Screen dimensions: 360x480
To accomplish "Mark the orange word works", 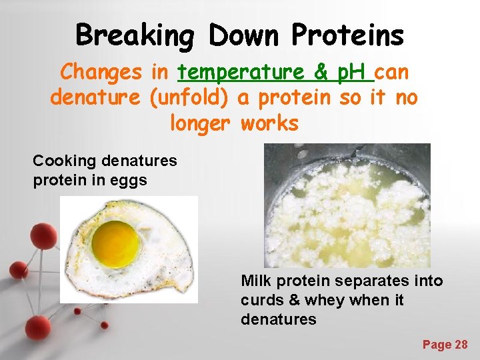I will tap(269, 123).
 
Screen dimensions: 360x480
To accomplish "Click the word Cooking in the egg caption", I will tap(65, 161).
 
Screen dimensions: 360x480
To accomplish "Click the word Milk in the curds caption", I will tap(255, 281).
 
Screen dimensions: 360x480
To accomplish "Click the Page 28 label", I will tap(445, 344).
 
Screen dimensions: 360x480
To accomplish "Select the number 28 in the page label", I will tap(461, 344).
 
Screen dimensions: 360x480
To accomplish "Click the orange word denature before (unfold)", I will tap(95, 97).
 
